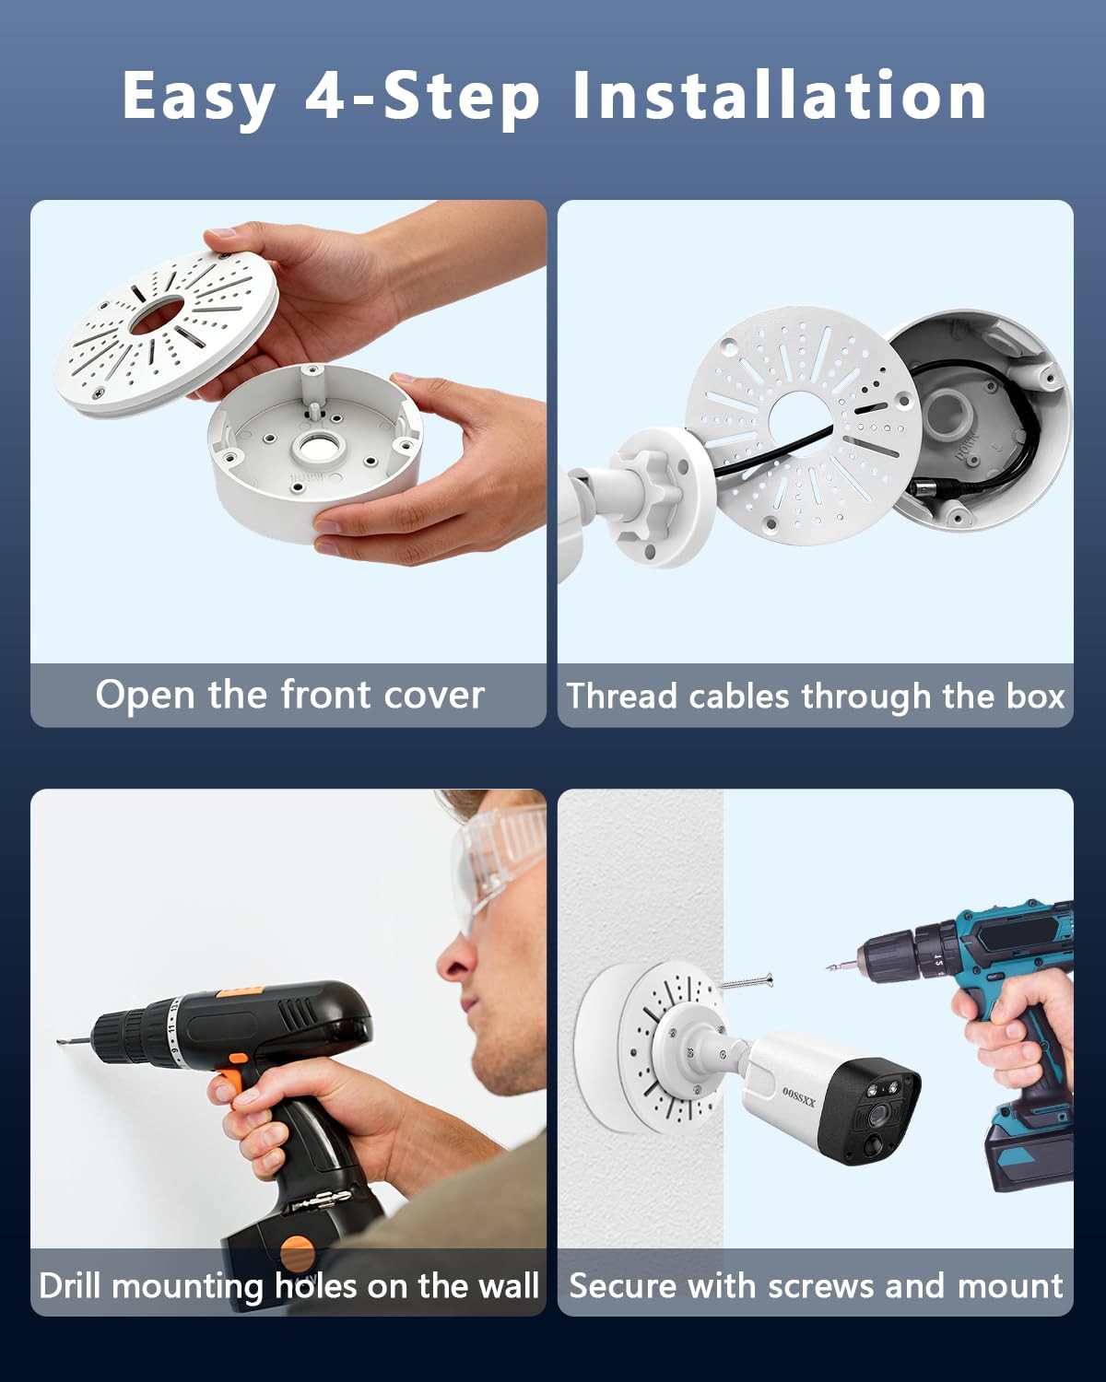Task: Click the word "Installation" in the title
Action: [778, 95]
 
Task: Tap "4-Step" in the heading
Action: [421, 97]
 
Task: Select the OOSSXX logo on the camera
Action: [799, 1097]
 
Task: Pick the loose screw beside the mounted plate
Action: [747, 982]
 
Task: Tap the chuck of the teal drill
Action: [883, 957]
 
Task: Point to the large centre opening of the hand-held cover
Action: [157, 315]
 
